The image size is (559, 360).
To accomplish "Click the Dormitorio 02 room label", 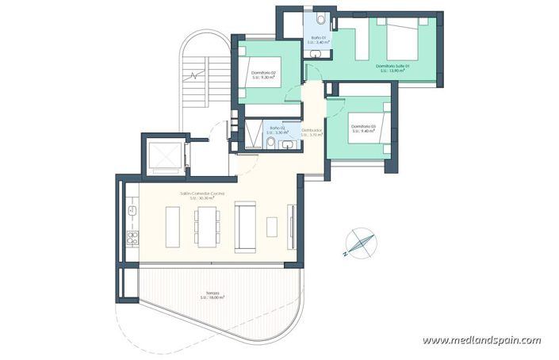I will [263, 75].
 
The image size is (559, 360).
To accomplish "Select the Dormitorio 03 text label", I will [362, 128].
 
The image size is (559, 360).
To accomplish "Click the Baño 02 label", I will [277, 129].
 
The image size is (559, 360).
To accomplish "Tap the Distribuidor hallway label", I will [312, 132].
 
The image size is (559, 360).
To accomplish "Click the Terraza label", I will [212, 295].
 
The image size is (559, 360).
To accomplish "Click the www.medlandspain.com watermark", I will [481, 340].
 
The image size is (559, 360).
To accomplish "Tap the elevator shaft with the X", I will [165, 153].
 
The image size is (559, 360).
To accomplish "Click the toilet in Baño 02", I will [270, 143].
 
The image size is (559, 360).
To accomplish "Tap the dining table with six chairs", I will [206, 226].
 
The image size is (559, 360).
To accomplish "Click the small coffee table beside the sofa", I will [273, 226].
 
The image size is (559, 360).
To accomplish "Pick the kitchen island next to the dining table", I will [173, 226].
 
